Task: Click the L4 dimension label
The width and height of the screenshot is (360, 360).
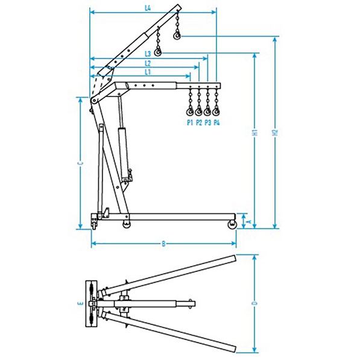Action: (148, 8)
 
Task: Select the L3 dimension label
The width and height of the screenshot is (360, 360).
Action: (148, 54)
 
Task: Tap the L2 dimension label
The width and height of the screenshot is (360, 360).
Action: (148, 63)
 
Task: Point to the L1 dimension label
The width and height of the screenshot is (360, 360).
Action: (148, 72)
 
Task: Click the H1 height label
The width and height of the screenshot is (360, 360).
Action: (254, 133)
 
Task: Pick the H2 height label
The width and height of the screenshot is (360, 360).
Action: (275, 133)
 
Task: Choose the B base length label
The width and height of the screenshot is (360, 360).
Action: (163, 244)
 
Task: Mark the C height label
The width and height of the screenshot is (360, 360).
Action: (80, 163)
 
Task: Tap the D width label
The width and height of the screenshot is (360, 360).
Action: (254, 303)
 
